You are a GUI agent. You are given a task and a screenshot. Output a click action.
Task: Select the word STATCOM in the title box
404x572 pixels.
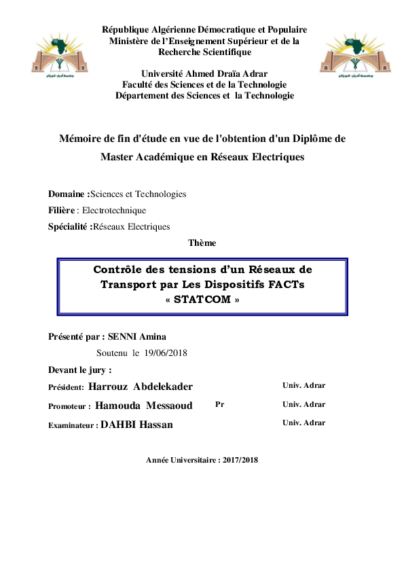pyautogui.click(x=203, y=300)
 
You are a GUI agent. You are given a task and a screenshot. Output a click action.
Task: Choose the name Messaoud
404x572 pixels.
pyautogui.click(x=168, y=406)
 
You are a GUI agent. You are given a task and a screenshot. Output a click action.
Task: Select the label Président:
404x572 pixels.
pyautogui.click(x=67, y=387)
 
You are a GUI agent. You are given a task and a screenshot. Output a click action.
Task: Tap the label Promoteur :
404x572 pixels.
pyautogui.click(x=69, y=406)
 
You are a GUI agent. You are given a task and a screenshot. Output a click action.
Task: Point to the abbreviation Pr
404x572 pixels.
pyautogui.click(x=219, y=404)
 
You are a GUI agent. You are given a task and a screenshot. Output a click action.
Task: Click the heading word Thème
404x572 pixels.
pyautogui.click(x=202, y=243)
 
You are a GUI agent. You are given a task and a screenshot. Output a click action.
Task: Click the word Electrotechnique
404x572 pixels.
pyautogui.click(x=113, y=211)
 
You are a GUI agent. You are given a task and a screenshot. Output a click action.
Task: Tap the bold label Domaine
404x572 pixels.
pyautogui.click(x=67, y=194)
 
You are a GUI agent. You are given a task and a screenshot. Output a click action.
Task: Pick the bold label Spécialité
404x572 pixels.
pyautogui.click(x=69, y=227)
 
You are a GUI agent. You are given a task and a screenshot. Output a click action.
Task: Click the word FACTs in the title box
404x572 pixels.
pyautogui.click(x=286, y=285)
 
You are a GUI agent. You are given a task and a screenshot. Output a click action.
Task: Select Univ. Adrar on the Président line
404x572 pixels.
pyautogui.click(x=304, y=386)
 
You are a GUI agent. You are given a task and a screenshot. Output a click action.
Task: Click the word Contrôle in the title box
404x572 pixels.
pyautogui.click(x=122, y=269)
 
